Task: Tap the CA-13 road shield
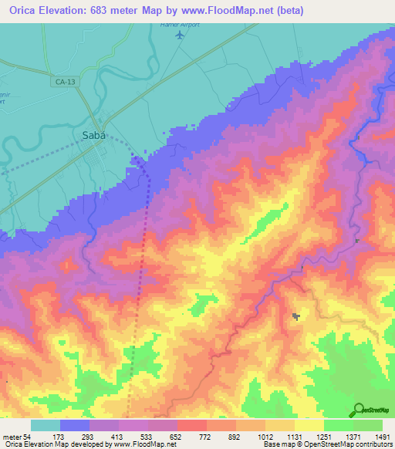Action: tap(64, 79)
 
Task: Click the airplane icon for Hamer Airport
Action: tap(181, 35)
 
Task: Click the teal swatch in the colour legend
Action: tap(46, 425)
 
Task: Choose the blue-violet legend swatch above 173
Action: tap(75, 425)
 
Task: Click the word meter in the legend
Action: tap(10, 436)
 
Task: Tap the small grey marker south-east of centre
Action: tap(296, 316)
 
